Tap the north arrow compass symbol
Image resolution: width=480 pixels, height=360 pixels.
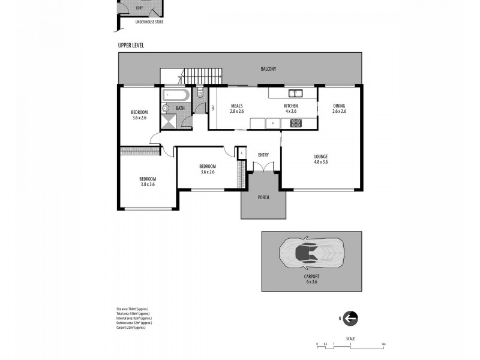tap(351, 319)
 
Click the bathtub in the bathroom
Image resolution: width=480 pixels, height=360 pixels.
tap(175, 95)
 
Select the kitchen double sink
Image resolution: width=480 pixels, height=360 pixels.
tap(295, 93)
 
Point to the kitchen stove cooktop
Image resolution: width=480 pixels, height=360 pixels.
tap(296, 124)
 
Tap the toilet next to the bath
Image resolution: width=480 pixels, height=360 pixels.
tap(200, 94)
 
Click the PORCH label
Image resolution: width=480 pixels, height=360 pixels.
tap(263, 197)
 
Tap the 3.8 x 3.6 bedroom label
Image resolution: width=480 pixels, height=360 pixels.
tap(148, 181)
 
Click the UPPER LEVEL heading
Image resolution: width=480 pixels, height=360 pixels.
tap(130, 46)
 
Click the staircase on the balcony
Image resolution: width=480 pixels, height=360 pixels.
tap(202, 77)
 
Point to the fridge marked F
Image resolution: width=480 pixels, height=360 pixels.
tap(273, 124)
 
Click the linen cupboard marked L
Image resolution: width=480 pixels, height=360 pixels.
tap(241, 153)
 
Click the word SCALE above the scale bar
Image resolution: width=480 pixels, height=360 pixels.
tap(350, 339)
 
